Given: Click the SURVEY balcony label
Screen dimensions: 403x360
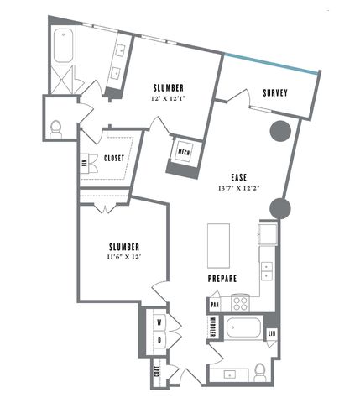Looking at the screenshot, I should [x=275, y=93].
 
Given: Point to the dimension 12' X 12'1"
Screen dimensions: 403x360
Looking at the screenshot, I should [x=168, y=99].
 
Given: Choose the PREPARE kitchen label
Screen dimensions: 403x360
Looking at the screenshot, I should [x=222, y=278].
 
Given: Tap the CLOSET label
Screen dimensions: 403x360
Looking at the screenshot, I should [x=114, y=158].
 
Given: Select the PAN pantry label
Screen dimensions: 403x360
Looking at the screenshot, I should [x=215, y=304].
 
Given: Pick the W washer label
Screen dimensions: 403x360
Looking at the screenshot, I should [x=159, y=322].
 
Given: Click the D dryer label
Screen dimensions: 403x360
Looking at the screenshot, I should [x=159, y=340].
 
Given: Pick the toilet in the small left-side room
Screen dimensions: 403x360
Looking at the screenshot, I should [x=56, y=128].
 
